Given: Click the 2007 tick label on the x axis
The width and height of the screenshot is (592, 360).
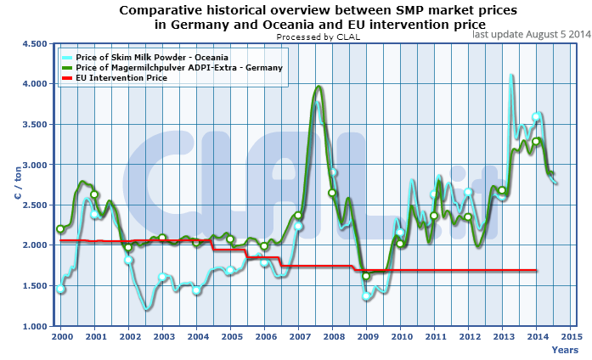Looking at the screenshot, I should pos(298,337).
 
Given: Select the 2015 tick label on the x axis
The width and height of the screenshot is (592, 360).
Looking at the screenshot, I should pos(572,337).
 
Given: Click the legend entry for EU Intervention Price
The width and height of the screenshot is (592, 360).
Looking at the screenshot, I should pos(128,77).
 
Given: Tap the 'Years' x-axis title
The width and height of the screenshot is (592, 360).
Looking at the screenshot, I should pos(564,349).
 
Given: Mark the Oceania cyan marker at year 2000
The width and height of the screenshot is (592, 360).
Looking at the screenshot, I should pos(60,290).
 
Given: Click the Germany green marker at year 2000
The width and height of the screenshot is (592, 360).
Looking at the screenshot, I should pos(60,229).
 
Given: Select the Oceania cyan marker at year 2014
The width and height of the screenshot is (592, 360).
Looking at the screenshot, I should pos(536,117).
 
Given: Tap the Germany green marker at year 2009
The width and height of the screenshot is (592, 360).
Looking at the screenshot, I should pos(366,276).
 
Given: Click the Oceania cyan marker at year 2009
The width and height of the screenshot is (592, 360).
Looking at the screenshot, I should pos(366,296).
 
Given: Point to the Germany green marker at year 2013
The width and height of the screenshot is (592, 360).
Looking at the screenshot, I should pos(502,190).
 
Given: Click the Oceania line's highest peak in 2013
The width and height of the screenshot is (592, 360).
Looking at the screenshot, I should pos(510,76).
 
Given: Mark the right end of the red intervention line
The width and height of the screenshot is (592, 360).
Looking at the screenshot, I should pos(537,271).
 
